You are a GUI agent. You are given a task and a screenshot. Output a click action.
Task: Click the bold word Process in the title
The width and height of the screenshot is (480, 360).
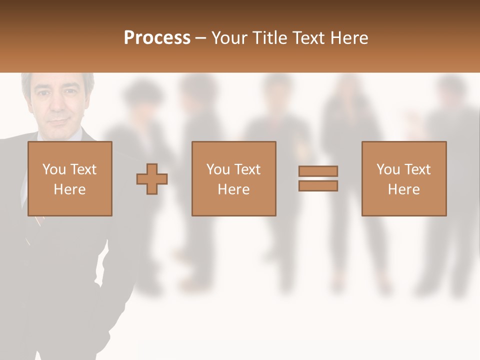(x=157, y=38)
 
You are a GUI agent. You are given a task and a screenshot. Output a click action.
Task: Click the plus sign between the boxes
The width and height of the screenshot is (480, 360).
(x=152, y=178)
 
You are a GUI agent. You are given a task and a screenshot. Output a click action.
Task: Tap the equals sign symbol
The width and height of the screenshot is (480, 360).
(x=318, y=178)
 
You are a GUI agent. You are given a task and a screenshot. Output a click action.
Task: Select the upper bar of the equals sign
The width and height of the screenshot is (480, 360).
(x=318, y=171)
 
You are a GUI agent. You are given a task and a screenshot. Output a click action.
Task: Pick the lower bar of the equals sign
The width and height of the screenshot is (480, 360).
(x=318, y=186)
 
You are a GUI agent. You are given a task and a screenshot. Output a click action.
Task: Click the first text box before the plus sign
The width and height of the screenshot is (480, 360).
(x=69, y=178)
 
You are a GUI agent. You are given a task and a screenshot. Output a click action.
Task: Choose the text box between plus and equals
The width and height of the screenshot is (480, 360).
(x=233, y=178)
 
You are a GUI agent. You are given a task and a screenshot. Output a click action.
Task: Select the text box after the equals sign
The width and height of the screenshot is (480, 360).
(x=403, y=178)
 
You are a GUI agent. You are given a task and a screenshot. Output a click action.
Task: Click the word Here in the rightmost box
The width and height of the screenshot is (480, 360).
(x=403, y=189)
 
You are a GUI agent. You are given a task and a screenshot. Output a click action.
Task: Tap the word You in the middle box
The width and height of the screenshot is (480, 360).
(x=218, y=169)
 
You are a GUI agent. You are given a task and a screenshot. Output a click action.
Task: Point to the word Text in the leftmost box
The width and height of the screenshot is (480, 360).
(x=83, y=169)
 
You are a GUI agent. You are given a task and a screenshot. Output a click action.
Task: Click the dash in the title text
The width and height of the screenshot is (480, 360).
(x=201, y=38)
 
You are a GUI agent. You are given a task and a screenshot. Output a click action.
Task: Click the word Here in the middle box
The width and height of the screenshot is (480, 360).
(x=233, y=189)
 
